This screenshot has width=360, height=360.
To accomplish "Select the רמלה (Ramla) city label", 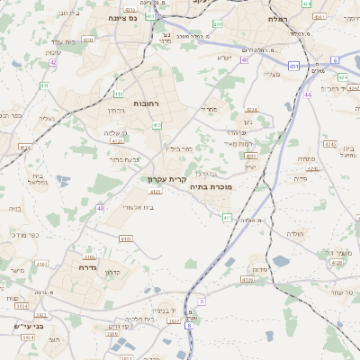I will [x=277, y=18].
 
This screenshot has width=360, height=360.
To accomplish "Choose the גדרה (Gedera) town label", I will [x=87, y=267].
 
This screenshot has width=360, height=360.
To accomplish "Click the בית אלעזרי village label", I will [x=136, y=207].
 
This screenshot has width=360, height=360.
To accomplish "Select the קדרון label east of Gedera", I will [x=112, y=273].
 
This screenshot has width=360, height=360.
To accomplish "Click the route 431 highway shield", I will [x=294, y=66].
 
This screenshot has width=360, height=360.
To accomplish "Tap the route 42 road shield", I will [x=54, y=62].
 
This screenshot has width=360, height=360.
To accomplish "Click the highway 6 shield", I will [x=335, y=59].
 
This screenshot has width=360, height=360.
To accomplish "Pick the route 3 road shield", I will [x=202, y=301].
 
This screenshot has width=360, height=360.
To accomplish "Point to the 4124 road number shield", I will [x=24, y=146].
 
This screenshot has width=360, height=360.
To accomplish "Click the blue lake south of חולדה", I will [x=281, y=262].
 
